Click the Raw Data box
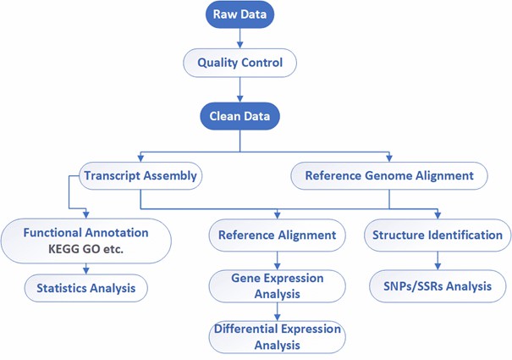coord(240,15)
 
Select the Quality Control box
coord(240,62)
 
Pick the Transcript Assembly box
coord(140,176)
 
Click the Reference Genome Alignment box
coord(389,176)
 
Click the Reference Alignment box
coord(278,235)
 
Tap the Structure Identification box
coord(438,235)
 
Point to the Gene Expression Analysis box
coord(278,285)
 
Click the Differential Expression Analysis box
coord(278,336)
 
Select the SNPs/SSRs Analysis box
coord(438,285)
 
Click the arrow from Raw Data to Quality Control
coord(240,38)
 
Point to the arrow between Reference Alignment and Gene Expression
coord(278,258)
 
